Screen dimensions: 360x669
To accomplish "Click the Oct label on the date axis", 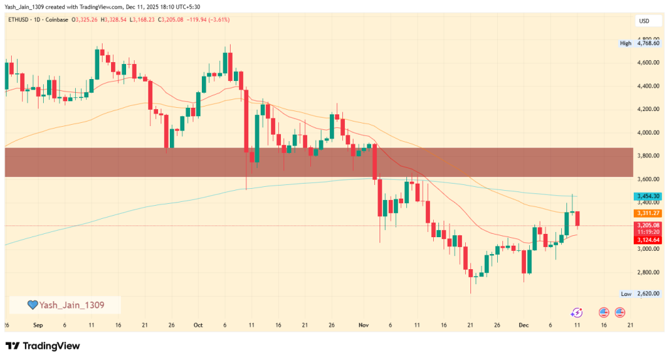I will pos(199,325).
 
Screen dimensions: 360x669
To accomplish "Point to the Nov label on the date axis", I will pos(364,325).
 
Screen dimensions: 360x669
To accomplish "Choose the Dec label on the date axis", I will pos(524,325).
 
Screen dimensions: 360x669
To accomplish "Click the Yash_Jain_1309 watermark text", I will pos(72,304).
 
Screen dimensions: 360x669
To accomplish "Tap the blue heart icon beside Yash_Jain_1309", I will pos(32,304).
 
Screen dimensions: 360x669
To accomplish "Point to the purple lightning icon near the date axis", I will pos(576,313).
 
